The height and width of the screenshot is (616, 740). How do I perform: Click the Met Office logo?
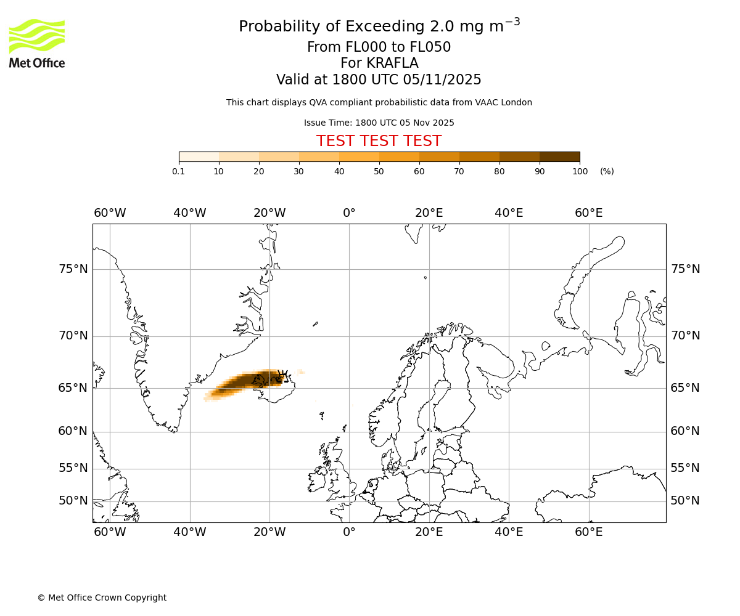37,43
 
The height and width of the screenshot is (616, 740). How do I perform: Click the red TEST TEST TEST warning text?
379,141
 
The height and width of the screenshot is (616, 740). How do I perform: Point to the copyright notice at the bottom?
102,598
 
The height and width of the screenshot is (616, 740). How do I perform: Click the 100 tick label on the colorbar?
580,171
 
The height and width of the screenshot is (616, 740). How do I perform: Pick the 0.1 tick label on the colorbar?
179,171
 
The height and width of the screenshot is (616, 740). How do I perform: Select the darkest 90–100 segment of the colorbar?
559,156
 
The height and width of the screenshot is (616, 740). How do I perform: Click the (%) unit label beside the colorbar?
607,171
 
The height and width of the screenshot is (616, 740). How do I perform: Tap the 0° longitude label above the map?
349,213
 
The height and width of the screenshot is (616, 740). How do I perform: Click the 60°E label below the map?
589,532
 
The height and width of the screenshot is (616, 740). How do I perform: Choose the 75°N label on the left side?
73,269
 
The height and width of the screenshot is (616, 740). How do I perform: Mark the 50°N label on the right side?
685,501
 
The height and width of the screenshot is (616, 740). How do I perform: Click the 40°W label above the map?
190,213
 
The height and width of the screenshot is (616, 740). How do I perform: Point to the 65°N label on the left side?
73,388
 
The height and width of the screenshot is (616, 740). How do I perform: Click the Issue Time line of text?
379,123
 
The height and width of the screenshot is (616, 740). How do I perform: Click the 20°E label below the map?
429,532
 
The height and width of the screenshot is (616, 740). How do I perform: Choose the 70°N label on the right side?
685,336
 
